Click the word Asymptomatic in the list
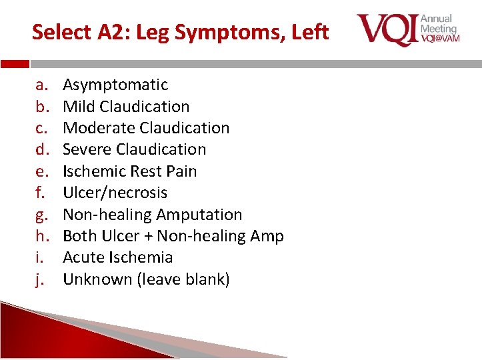[115, 85]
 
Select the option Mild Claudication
[126, 107]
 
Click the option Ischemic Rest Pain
[129, 171]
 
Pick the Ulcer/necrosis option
[115, 193]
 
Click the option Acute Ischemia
[117, 257]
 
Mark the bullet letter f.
[40, 193]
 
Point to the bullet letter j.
[39, 279]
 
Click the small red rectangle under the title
[15, 64]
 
